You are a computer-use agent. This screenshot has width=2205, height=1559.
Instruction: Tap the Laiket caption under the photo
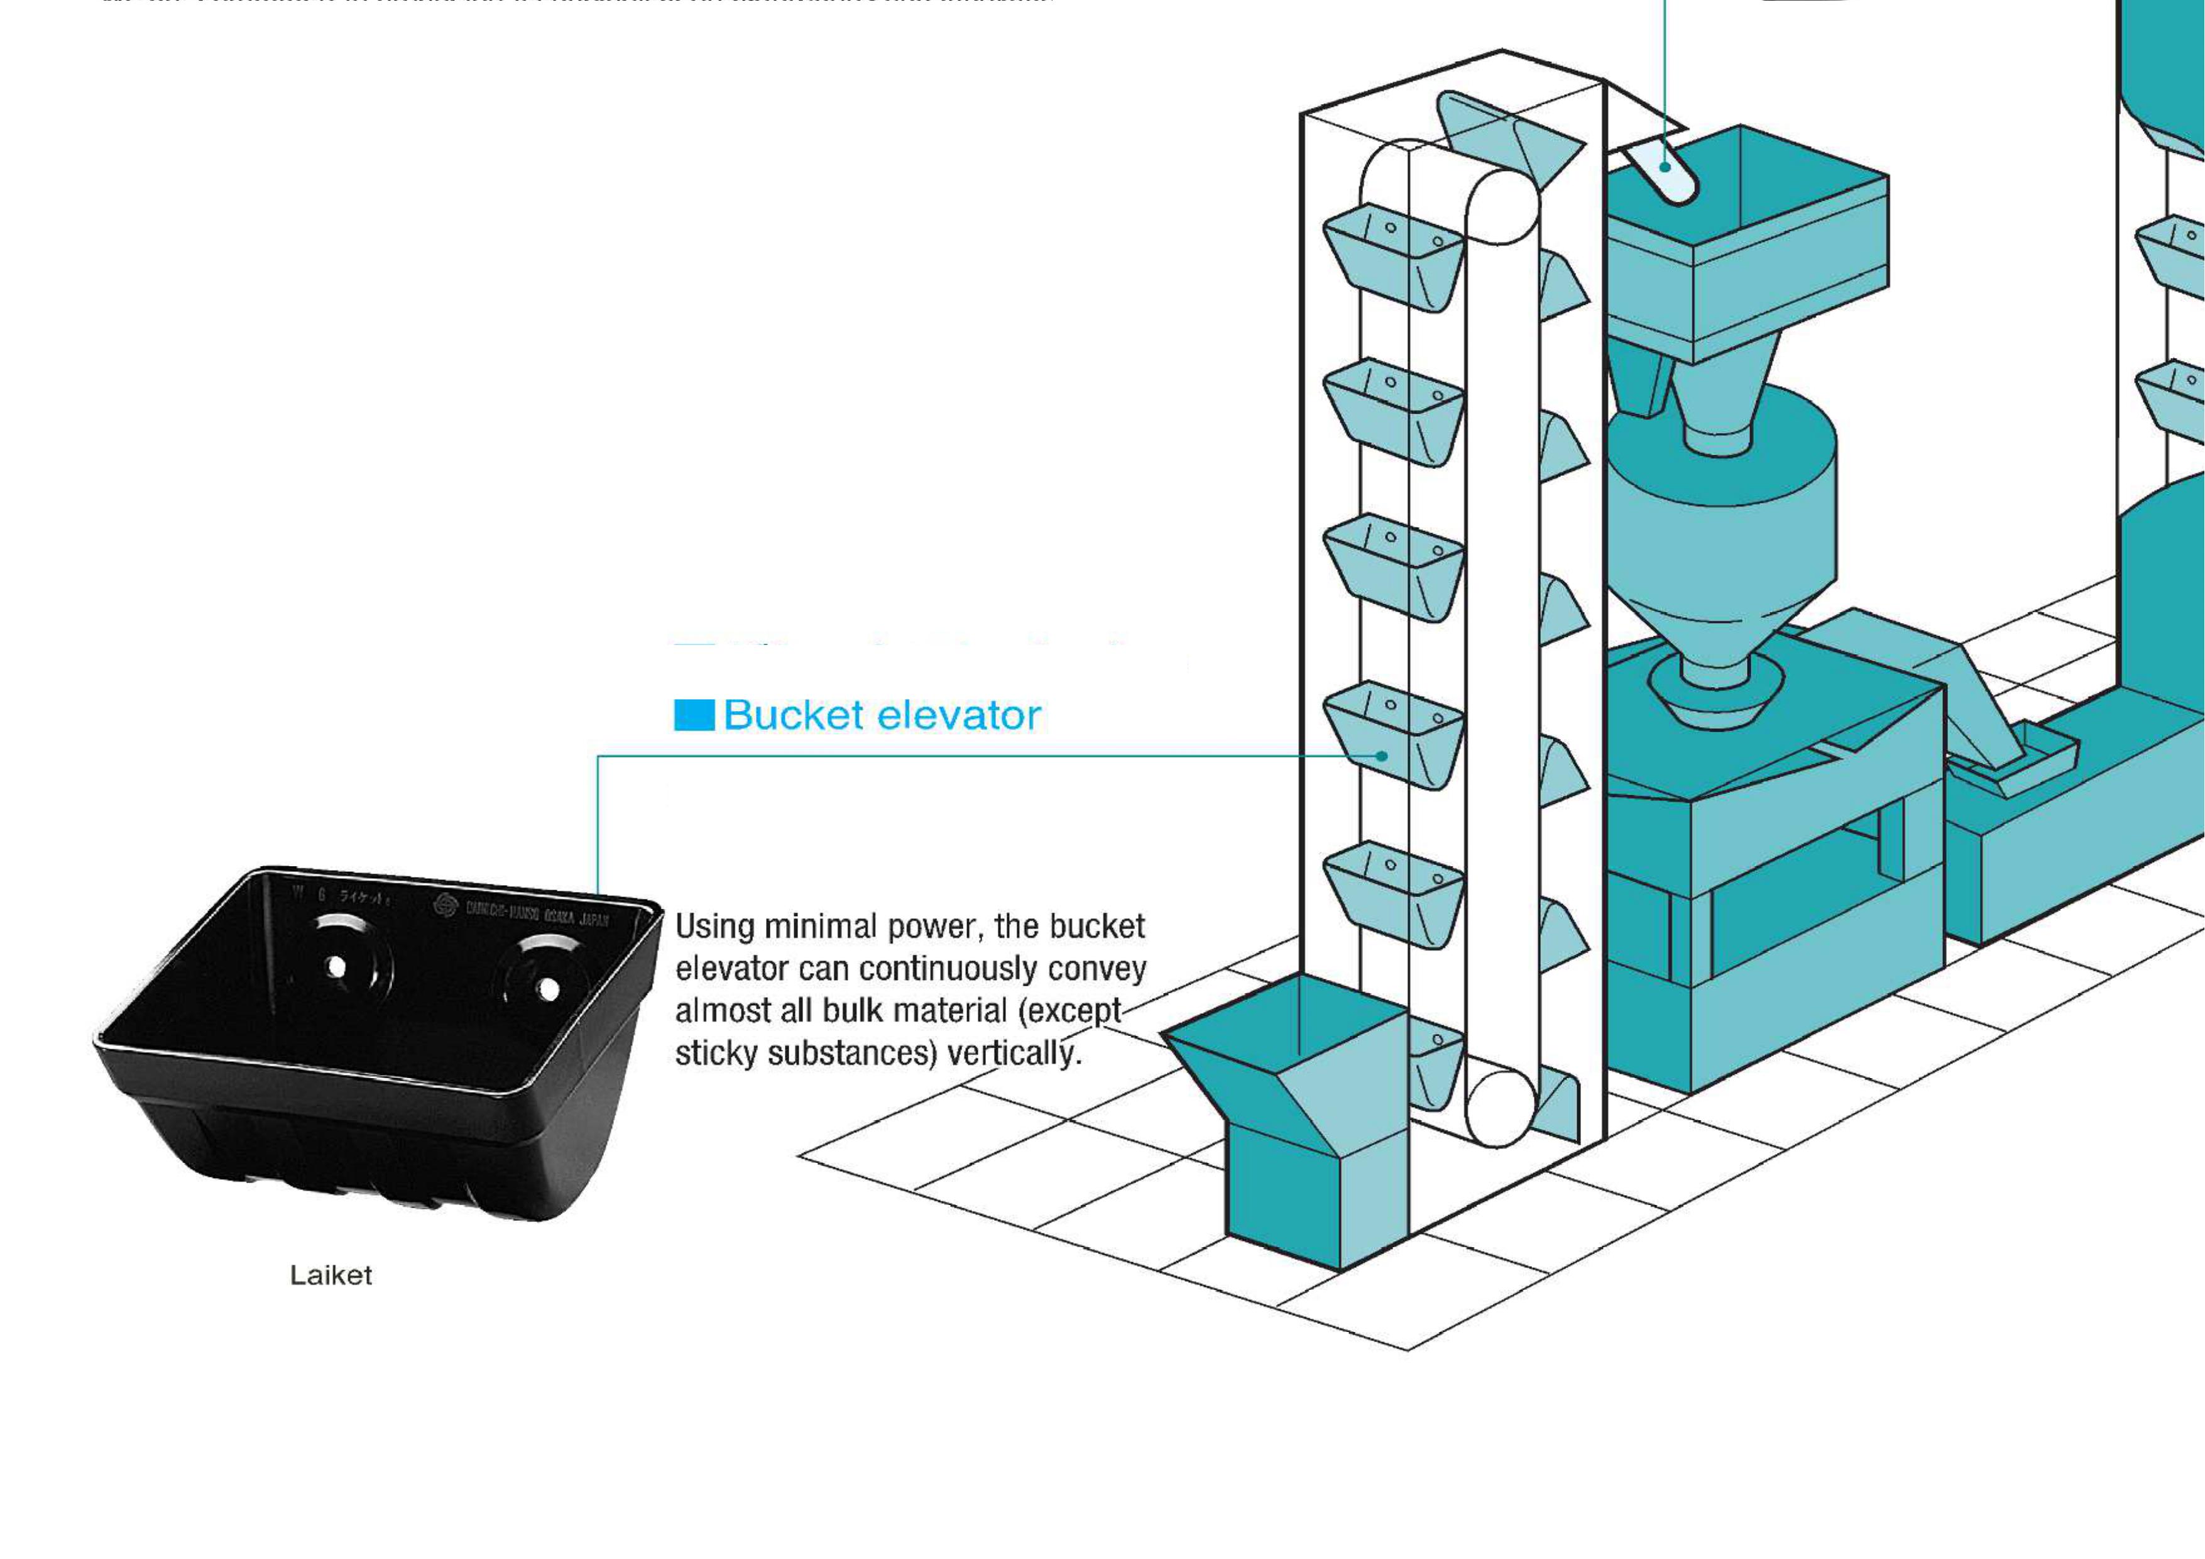pos(331,1275)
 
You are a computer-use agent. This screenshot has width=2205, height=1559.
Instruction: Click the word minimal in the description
pos(821,927)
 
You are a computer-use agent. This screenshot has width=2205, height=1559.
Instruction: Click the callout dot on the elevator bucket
pos(1381,756)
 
